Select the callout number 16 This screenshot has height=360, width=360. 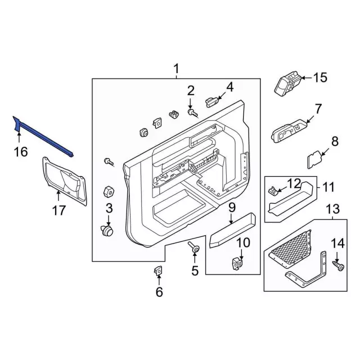[x=20, y=152]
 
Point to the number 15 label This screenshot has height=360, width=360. [x=319, y=78]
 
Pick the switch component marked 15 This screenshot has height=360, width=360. [x=289, y=83]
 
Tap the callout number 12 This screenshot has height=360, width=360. [x=294, y=183]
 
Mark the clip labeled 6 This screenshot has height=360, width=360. [x=158, y=272]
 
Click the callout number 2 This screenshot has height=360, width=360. [x=191, y=90]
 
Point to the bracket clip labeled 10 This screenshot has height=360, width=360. [x=238, y=262]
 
